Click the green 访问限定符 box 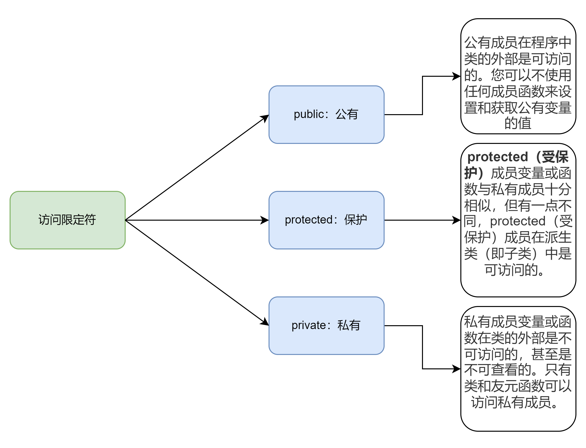[x=67, y=220]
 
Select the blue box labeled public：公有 [x=326, y=115]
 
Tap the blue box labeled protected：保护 [x=326, y=220]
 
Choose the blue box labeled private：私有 [x=326, y=326]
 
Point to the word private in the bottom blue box [x=308, y=326]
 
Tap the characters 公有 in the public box [x=347, y=114]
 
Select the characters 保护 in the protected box [x=356, y=220]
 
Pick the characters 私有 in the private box [x=349, y=326]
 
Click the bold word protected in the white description [x=498, y=157]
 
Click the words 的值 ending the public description [x=518, y=124]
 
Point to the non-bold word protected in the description [x=518, y=221]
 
